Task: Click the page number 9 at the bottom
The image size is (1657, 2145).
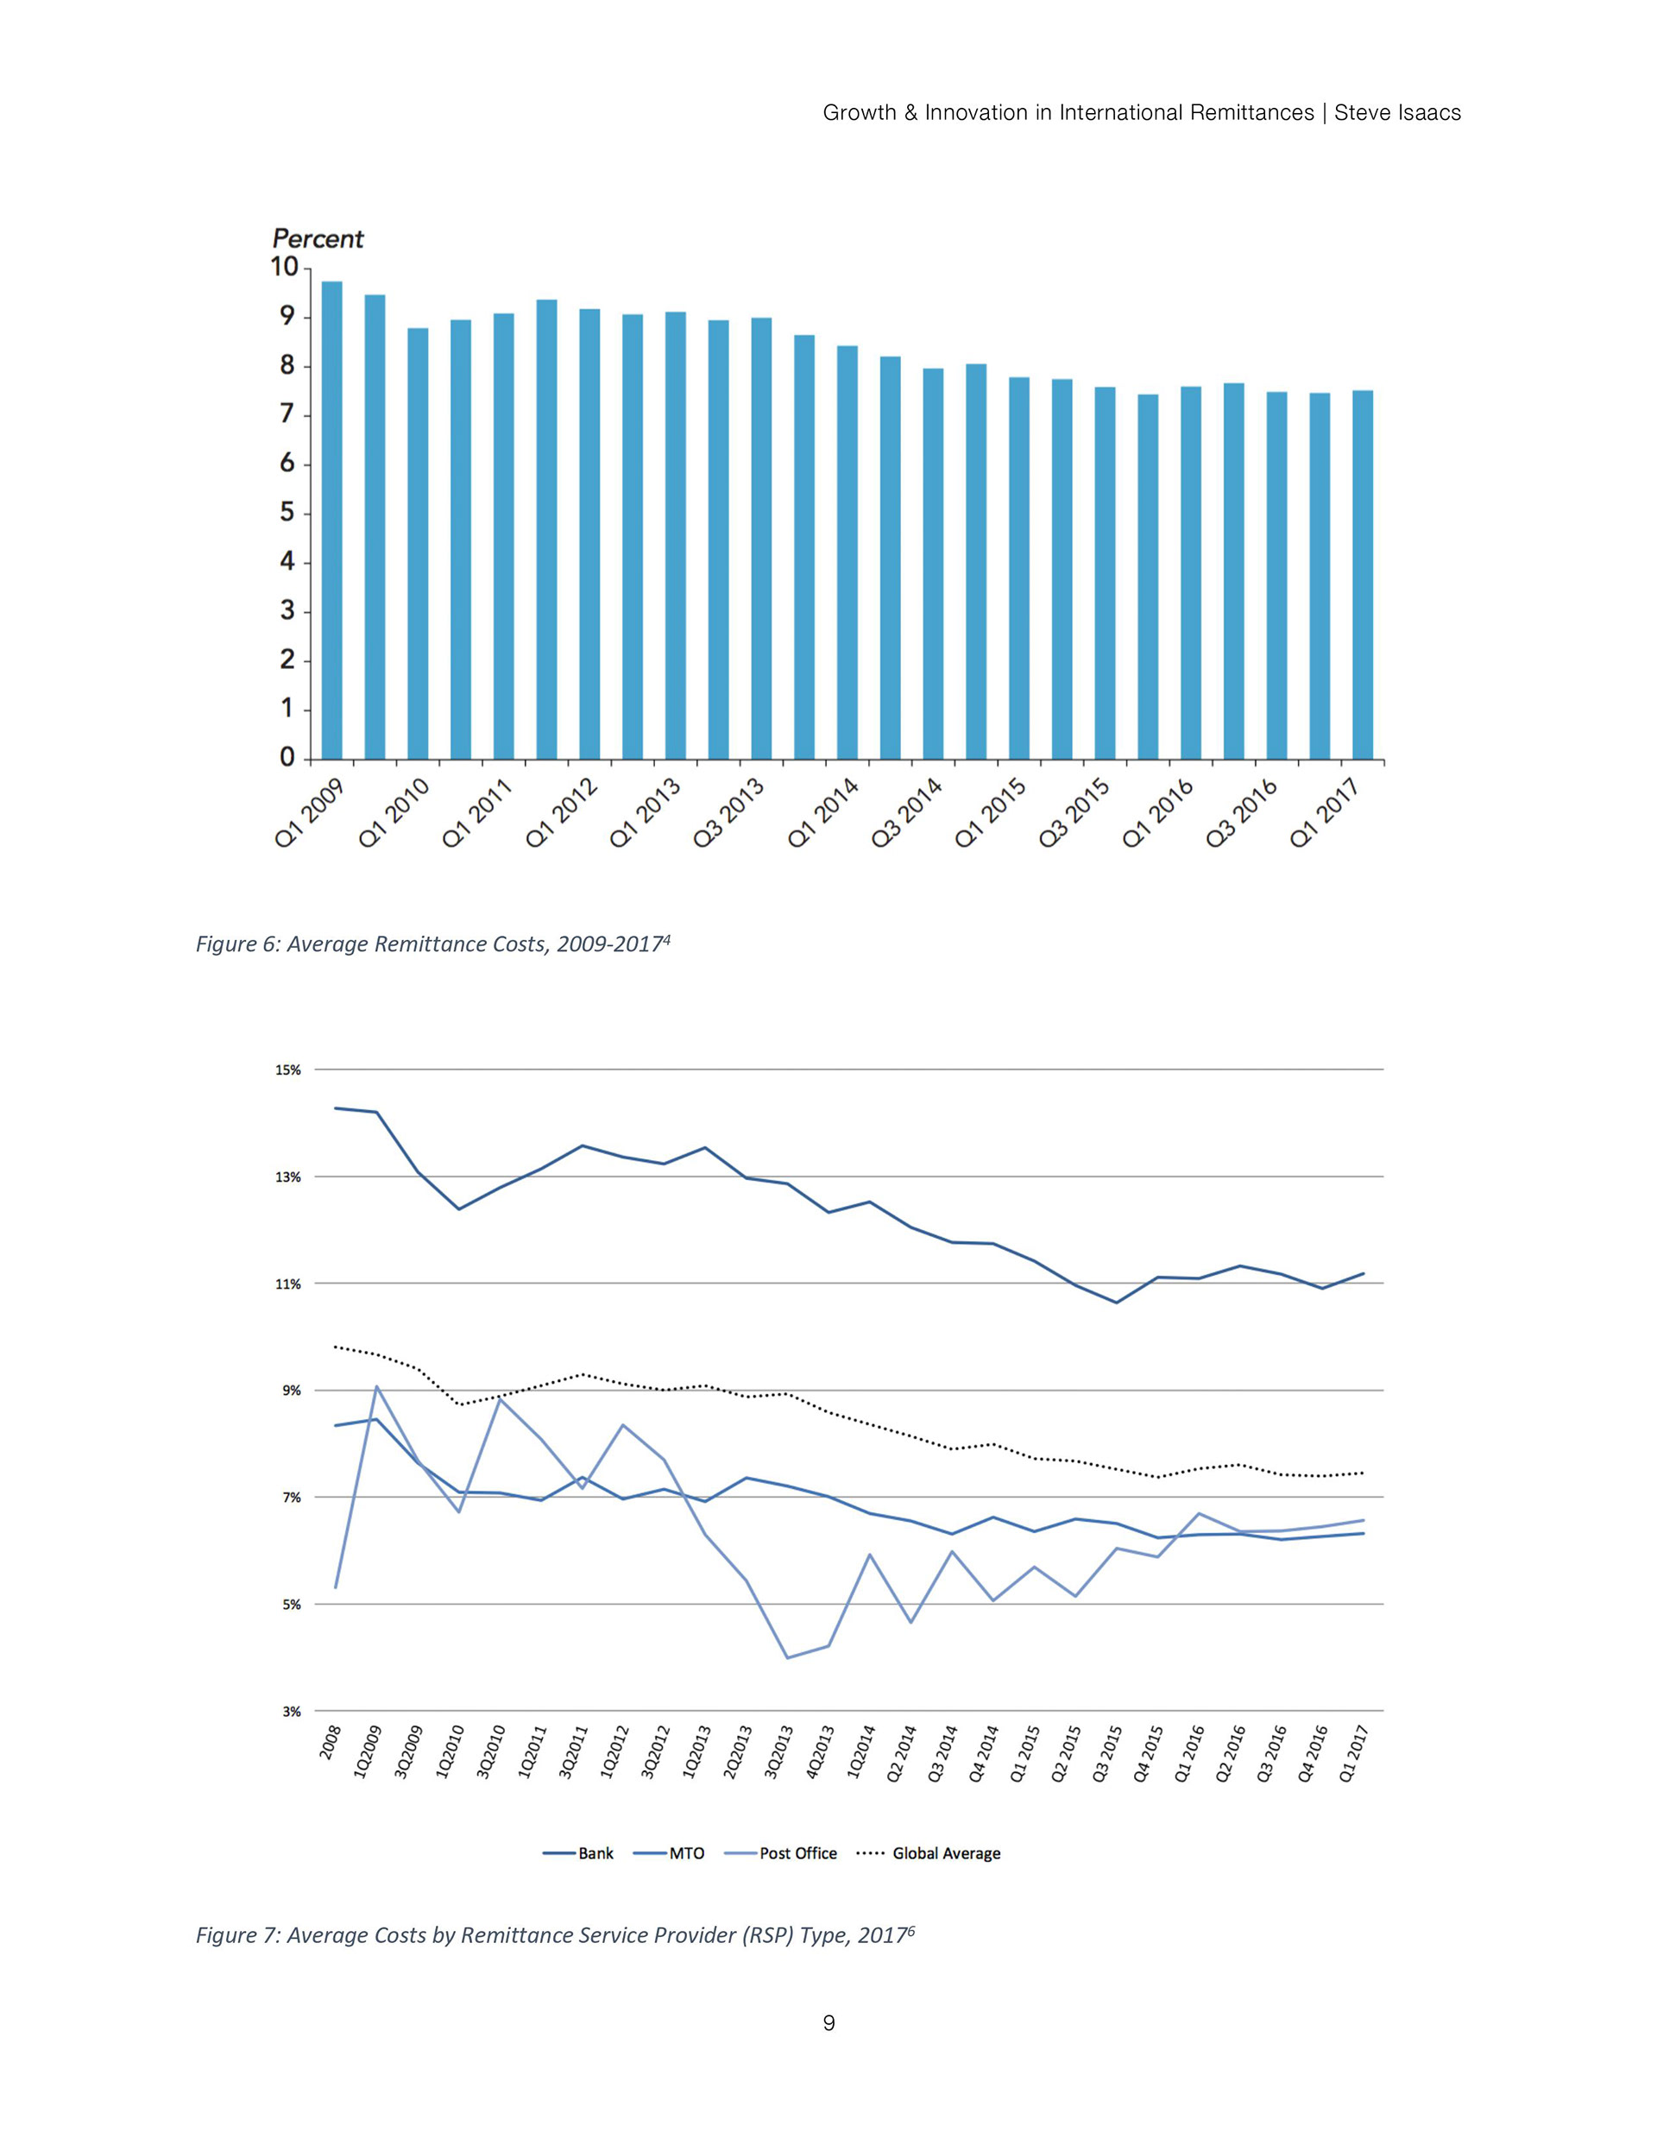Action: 828,2022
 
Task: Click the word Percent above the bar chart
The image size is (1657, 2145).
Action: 318,238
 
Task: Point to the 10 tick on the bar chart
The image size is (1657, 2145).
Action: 284,267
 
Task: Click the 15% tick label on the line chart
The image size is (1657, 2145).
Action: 287,1069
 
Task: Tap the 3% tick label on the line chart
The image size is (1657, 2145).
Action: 290,1711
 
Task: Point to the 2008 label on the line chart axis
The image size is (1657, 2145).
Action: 331,1741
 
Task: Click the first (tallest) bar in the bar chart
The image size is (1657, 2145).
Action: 332,520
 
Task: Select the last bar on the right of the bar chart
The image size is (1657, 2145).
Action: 1363,575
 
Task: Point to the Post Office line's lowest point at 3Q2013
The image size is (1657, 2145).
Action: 787,1658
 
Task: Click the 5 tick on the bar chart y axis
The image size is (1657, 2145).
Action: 287,513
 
